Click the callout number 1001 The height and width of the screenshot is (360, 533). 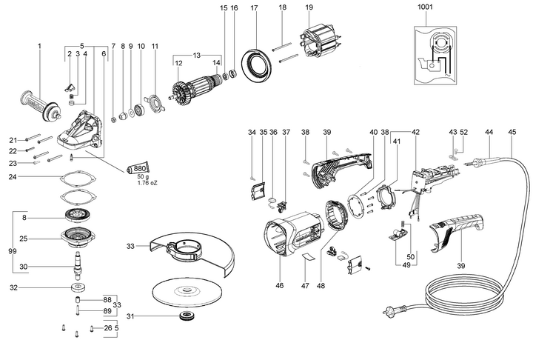click(426, 7)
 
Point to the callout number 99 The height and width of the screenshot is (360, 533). click(11, 252)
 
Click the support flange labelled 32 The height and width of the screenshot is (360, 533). click(77, 289)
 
